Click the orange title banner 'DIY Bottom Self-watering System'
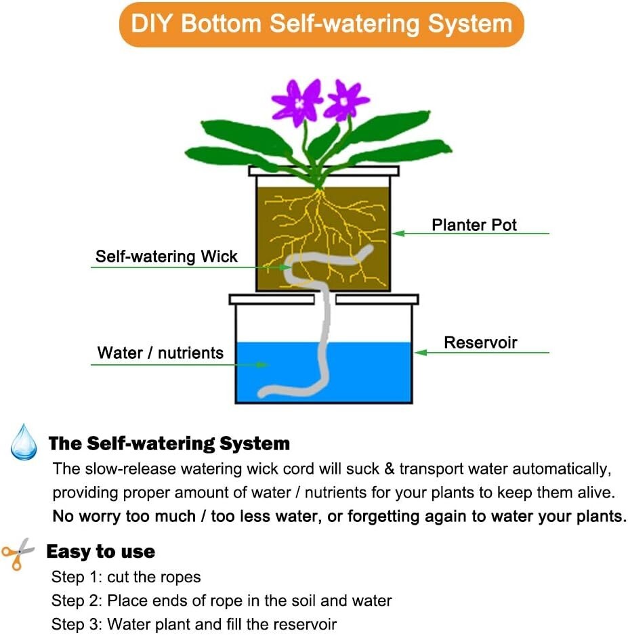pyautogui.click(x=321, y=24)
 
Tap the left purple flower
pyautogui.click(x=296, y=101)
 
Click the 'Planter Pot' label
pyautogui.click(x=474, y=225)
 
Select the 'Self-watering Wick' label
pyautogui.click(x=166, y=257)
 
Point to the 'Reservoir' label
pyautogui.click(x=480, y=343)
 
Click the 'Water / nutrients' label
pyautogui.click(x=160, y=353)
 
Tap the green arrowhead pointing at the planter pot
pyautogui.click(x=399, y=234)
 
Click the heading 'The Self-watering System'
pyautogui.click(x=169, y=444)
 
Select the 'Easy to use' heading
pyautogui.click(x=100, y=552)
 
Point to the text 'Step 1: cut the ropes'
pyautogui.click(x=126, y=577)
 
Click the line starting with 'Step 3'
pyautogui.click(x=194, y=623)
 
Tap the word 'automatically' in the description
pyautogui.click(x=560, y=469)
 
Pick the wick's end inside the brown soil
pyautogui.click(x=365, y=251)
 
